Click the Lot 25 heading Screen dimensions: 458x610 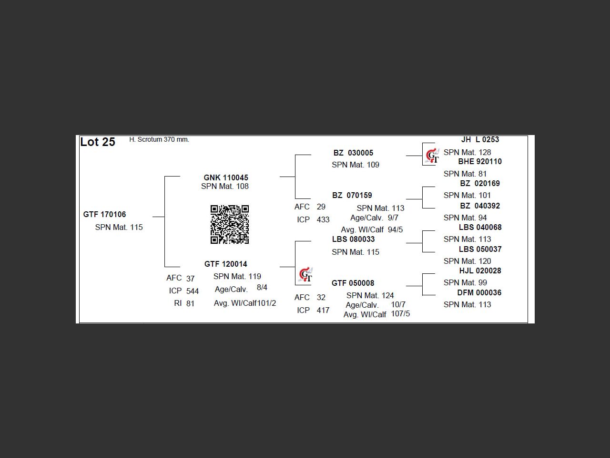tap(98, 142)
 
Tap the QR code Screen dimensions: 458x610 tap(230, 224)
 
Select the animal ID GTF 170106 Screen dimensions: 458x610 tap(104, 215)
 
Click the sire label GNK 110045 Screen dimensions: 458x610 tap(226, 177)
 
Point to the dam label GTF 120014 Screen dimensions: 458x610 tap(226, 264)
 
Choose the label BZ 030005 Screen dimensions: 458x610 tap(353, 153)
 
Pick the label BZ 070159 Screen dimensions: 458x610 tap(352, 196)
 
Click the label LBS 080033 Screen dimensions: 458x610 tap(353, 239)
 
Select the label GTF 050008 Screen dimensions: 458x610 tap(353, 283)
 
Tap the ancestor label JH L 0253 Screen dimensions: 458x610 tap(480, 140)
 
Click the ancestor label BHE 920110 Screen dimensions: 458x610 tap(480, 162)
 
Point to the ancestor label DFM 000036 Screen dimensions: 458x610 tap(479, 293)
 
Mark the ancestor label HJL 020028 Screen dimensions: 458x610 tap(480, 271)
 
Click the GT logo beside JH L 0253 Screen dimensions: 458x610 tap(432, 156)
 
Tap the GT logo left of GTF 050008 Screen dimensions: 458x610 tap(305, 275)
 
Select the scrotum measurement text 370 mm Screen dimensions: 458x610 tap(176, 140)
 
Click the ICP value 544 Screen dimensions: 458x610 tap(193, 291)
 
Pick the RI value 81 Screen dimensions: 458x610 tap(190, 303)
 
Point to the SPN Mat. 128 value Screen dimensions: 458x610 tap(467, 153)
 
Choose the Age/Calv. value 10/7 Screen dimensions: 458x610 tap(398, 305)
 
